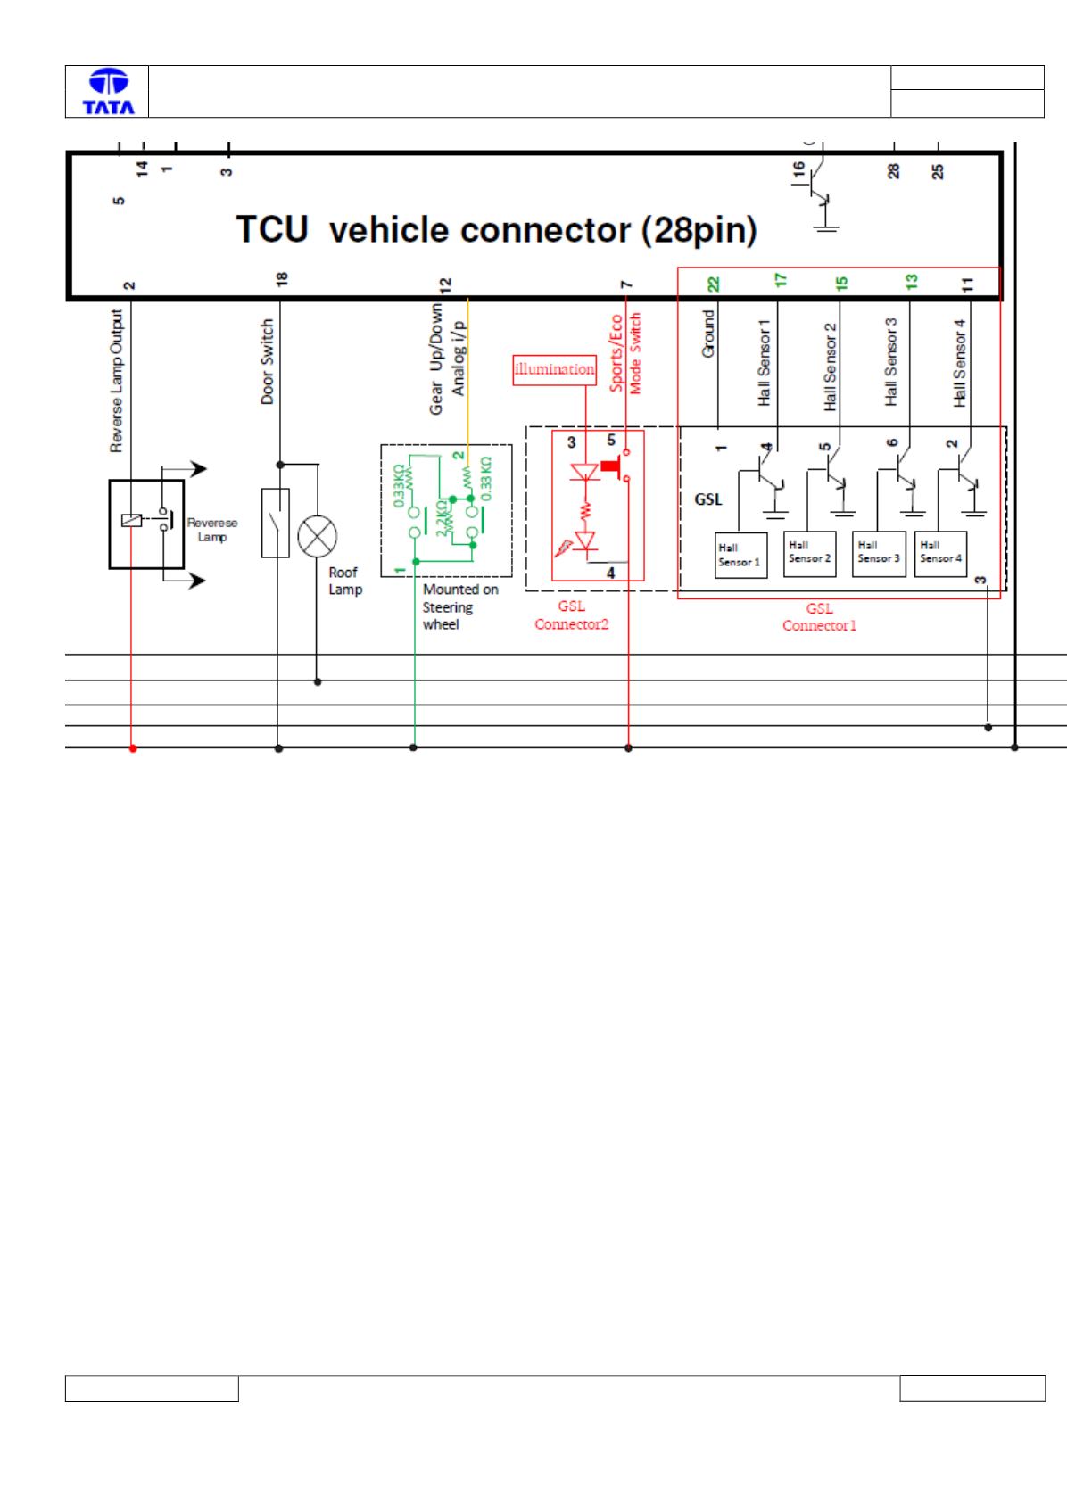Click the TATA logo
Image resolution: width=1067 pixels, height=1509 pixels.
click(108, 91)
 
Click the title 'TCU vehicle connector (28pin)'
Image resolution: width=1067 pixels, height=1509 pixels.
click(496, 230)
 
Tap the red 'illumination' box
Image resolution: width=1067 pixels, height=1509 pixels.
click(554, 370)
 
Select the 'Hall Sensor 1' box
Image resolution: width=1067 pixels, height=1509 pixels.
click(740, 555)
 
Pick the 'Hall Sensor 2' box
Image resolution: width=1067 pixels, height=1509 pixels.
click(809, 554)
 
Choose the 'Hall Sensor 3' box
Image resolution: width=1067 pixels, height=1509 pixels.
click(878, 554)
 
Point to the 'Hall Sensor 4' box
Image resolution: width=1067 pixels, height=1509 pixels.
click(940, 554)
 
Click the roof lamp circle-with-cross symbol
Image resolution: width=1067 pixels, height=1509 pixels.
click(317, 536)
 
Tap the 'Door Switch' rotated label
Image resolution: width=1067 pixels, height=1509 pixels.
click(268, 362)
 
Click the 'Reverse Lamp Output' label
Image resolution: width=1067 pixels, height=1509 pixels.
click(117, 381)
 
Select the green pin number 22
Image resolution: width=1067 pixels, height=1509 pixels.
click(713, 284)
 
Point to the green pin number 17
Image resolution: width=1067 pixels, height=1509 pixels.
click(780, 280)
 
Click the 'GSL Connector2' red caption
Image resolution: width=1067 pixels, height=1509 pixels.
click(572, 615)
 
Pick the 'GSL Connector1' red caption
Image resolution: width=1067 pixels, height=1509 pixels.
click(819, 616)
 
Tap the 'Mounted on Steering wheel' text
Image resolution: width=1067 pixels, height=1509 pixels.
click(460, 606)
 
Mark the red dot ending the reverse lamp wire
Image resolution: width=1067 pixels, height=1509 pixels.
click(133, 748)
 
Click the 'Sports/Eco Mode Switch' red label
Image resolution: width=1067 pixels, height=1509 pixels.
click(624, 353)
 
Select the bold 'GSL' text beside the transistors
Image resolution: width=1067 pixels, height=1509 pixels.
click(707, 499)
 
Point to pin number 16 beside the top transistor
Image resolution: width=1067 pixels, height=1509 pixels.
click(798, 169)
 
